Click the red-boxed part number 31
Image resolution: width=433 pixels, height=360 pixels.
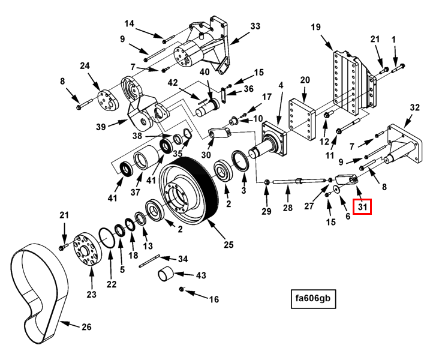362,207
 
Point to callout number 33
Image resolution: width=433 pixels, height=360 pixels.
255,26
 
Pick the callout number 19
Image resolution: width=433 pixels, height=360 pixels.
316,27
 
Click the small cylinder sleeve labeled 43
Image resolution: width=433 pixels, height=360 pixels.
167,277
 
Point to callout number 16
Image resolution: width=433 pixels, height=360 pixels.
214,298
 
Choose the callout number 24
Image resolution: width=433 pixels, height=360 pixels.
85,66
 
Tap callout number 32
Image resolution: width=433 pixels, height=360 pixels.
414,107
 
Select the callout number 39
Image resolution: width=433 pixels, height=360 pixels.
100,127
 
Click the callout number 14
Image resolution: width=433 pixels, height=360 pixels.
130,24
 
